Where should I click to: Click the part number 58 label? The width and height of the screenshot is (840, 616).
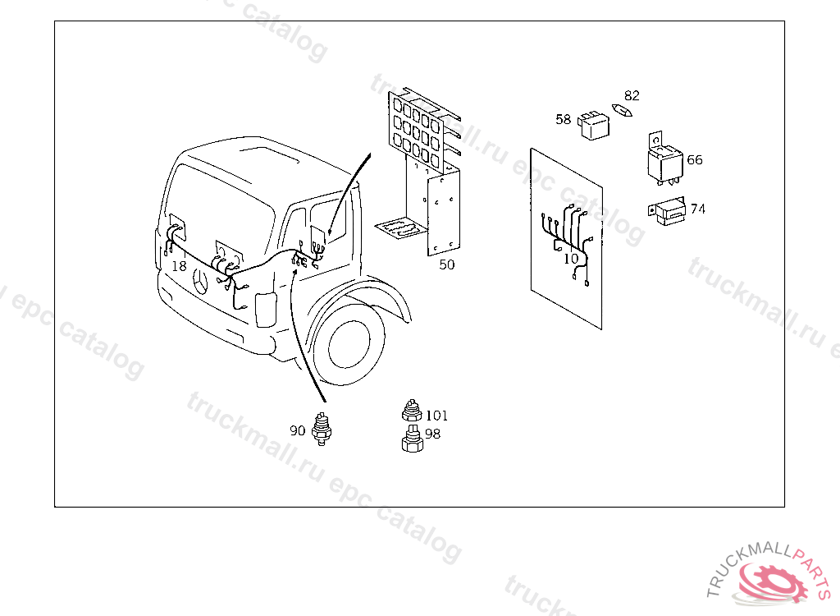coord(563,119)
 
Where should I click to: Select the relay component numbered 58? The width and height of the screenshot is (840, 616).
coord(594,126)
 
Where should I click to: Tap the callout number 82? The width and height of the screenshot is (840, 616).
coord(632,95)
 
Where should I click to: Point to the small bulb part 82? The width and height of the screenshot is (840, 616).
coord(622,110)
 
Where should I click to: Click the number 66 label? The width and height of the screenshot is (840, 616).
coord(694,160)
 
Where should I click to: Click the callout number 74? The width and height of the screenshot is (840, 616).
coord(697,209)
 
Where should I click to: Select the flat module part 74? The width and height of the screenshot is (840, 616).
coord(668,211)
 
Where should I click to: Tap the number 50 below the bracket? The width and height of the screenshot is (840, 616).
coord(447,264)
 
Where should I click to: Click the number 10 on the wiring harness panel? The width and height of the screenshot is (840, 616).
coord(571,259)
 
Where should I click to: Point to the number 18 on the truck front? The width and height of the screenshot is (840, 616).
coord(179,265)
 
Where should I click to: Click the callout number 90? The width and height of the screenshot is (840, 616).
coord(297,430)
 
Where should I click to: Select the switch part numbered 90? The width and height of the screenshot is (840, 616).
coord(322,429)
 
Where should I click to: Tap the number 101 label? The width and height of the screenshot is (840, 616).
coord(436,416)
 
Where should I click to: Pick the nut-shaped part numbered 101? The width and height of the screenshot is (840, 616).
coord(412,411)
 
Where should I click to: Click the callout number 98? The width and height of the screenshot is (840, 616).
coord(432,434)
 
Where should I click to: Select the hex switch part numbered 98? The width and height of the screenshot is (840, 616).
coord(412,439)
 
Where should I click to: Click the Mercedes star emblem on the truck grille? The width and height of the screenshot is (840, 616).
coord(201,281)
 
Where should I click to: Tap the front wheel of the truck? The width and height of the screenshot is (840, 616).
coord(348,344)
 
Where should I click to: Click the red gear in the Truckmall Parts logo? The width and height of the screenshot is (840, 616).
coord(775,582)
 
